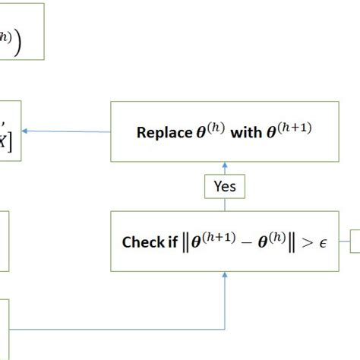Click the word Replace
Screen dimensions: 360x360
161,132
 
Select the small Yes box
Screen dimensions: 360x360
225,186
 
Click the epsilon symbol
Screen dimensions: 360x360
321,244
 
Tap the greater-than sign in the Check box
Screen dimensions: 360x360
304,244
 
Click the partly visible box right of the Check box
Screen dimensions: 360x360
355,243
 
